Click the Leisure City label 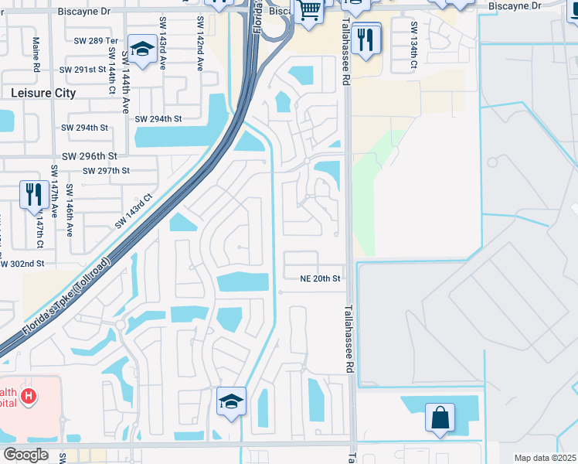pyautogui.click(x=44, y=93)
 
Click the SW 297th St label pyautogui.click(x=108, y=171)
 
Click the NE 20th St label pyautogui.click(x=321, y=278)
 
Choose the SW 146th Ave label pyautogui.click(x=70, y=210)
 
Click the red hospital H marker pyautogui.click(x=29, y=396)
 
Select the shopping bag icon pyautogui.click(x=440, y=418)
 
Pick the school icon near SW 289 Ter pyautogui.click(x=142, y=49)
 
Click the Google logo pyautogui.click(x=25, y=455)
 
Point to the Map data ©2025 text pyautogui.click(x=544, y=458)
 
